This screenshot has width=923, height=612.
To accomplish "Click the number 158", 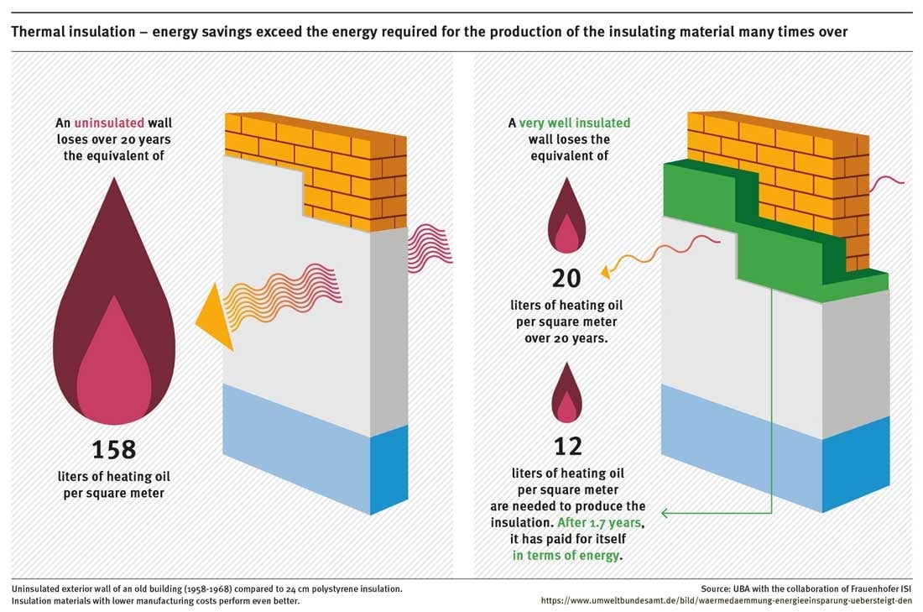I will pyautogui.click(x=113, y=449).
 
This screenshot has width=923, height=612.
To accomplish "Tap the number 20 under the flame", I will pyautogui.click(x=566, y=277).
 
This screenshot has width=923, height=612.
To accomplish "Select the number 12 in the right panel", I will pyautogui.click(x=568, y=446).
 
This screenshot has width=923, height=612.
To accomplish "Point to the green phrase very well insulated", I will pyautogui.click(x=574, y=123).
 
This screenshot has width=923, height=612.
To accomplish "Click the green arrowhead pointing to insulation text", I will pyautogui.click(x=665, y=512).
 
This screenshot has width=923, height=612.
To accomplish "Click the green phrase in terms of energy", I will pyautogui.click(x=567, y=555).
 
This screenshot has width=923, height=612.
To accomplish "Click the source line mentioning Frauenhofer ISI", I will pyautogui.click(x=806, y=588).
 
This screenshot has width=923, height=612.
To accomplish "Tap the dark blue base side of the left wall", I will pyautogui.click(x=388, y=470).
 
